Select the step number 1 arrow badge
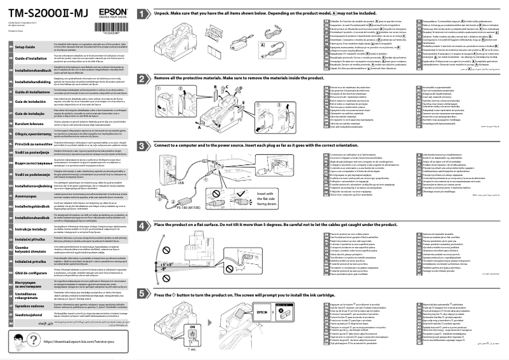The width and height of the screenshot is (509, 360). (145, 12)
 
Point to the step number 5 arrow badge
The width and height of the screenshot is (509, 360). (145, 295)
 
